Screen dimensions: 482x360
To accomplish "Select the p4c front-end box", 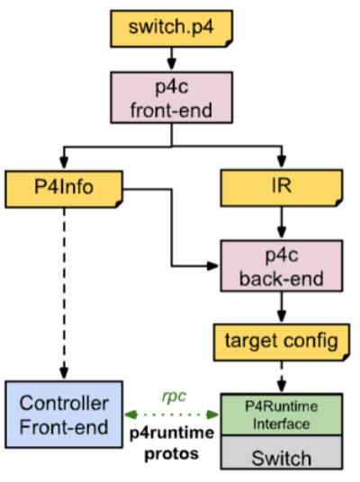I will click(x=172, y=99).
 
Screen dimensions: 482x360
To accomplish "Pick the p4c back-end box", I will click(x=282, y=264).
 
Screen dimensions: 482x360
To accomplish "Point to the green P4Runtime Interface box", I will click(x=281, y=415).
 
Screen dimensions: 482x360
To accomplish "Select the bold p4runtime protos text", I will click(x=171, y=442).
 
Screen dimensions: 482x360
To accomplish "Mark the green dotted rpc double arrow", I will click(x=171, y=415).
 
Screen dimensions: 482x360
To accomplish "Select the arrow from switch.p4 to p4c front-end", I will click(x=172, y=60).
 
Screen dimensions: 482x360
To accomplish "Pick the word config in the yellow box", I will click(x=311, y=340).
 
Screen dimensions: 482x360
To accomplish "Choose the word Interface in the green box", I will click(x=280, y=424).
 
